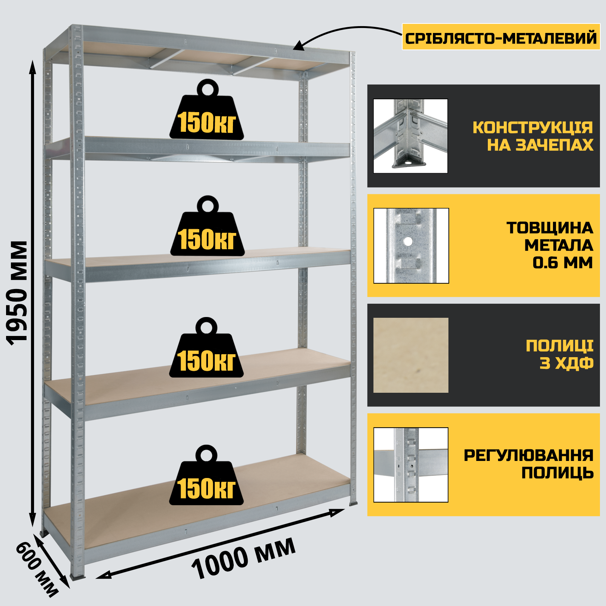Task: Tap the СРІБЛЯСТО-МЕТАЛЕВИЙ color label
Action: tap(501, 37)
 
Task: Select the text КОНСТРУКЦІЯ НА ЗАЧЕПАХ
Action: tap(533, 136)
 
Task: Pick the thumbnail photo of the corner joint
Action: tap(411, 136)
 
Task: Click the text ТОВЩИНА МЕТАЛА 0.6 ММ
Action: tap(549, 245)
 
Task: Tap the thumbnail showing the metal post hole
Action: tap(411, 245)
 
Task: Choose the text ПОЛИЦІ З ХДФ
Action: tap(559, 355)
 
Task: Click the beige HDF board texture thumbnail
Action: tap(411, 355)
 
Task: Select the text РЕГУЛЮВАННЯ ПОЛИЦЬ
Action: tap(528, 464)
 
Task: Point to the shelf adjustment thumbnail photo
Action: tap(411, 465)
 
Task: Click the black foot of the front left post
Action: tap(78, 577)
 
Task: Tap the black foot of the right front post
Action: tap(353, 503)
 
